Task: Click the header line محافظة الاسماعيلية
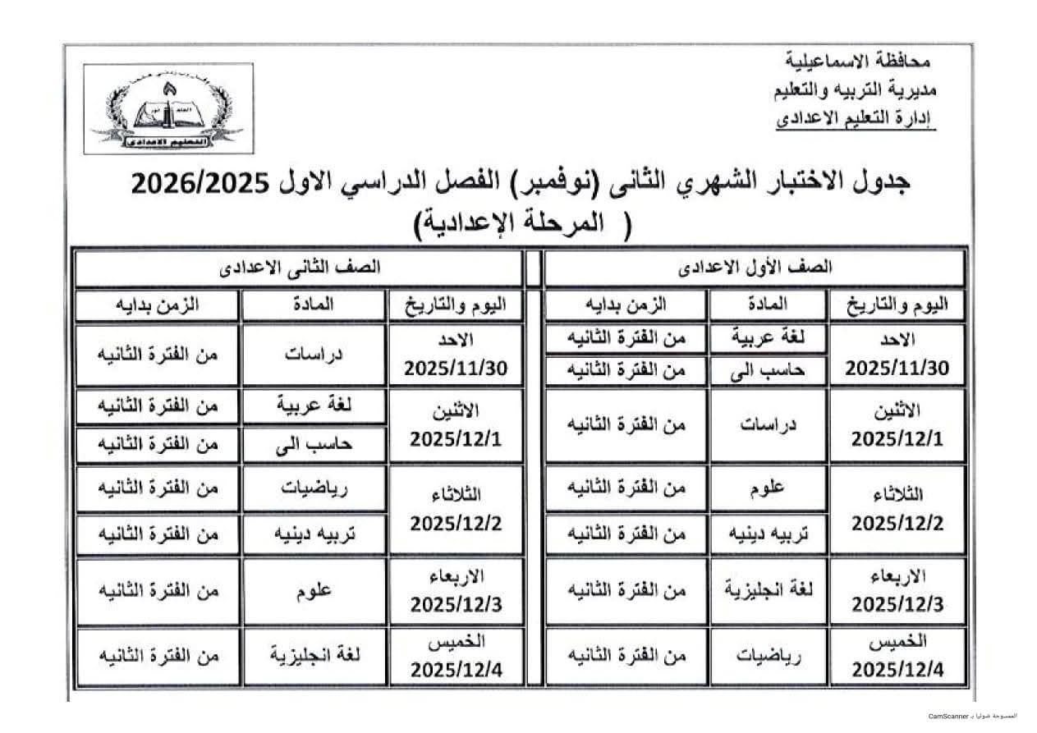pyautogui.click(x=859, y=61)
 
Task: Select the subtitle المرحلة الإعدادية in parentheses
pyautogui.click(x=526, y=222)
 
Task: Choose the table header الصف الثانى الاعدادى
pyautogui.click(x=299, y=267)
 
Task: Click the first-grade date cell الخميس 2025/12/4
pyautogui.click(x=897, y=657)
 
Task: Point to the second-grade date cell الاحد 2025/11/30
pyautogui.click(x=455, y=355)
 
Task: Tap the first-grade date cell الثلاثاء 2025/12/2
pyautogui.click(x=897, y=509)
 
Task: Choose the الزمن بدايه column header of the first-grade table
pyautogui.click(x=626, y=305)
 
